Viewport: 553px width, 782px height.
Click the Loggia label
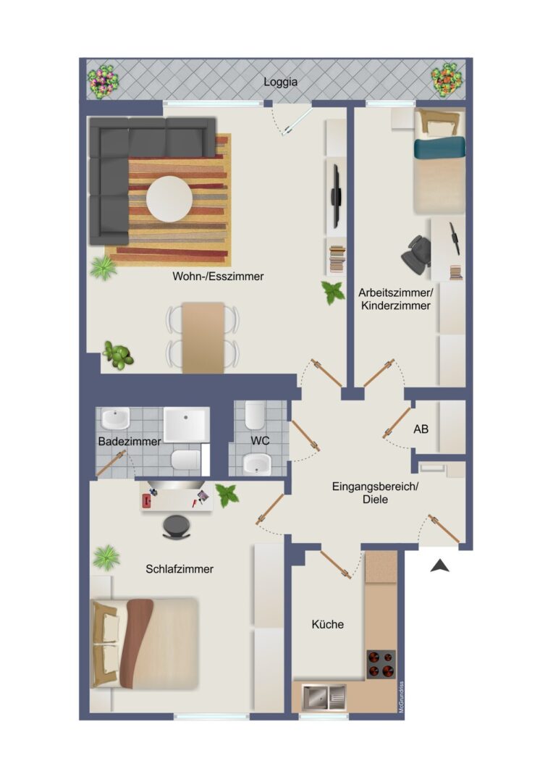280,83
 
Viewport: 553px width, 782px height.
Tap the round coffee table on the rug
169,199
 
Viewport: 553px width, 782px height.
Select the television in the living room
336,192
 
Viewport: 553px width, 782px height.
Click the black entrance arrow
440,566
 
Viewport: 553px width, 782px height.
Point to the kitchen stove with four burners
381,664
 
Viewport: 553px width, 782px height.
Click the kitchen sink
324,697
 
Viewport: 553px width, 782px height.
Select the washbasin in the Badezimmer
116,418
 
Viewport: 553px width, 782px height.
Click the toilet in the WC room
254,416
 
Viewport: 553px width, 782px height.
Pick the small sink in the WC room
257,464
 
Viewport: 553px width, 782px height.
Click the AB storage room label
421,429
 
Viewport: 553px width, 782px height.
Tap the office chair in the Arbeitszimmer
417,254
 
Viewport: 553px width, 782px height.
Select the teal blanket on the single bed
439,148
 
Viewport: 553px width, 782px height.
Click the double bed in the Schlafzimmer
145,643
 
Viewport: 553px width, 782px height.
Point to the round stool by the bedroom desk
176,526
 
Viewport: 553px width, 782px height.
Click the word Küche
328,624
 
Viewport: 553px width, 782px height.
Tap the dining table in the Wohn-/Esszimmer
203,337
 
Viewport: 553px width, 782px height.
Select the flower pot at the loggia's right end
447,80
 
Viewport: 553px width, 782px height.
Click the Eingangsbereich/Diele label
375,493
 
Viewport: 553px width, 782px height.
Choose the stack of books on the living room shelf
337,259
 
